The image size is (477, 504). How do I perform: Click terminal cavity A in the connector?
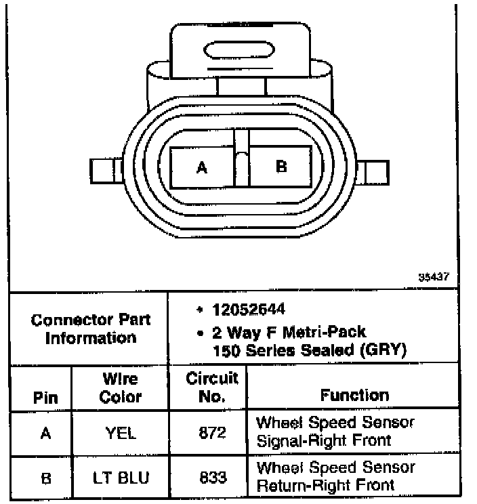pyautogui.click(x=201, y=167)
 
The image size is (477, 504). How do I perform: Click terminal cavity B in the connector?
pyautogui.click(x=281, y=167)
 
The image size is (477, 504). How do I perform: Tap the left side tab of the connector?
pyautogui.click(x=105, y=171)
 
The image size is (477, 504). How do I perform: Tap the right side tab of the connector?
pyautogui.click(x=375, y=171)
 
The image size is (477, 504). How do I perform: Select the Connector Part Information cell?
pyautogui.click(x=90, y=329)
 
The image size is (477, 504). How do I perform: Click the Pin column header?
pyautogui.click(x=45, y=398)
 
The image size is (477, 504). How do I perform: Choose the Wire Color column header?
pyautogui.click(x=120, y=388)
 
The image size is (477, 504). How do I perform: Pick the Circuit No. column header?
pyautogui.click(x=212, y=388)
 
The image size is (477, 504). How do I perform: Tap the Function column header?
pyautogui.click(x=354, y=395)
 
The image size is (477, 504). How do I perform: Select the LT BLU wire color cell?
pyautogui.click(x=121, y=478)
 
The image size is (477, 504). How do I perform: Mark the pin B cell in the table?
pyautogui.click(x=45, y=478)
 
